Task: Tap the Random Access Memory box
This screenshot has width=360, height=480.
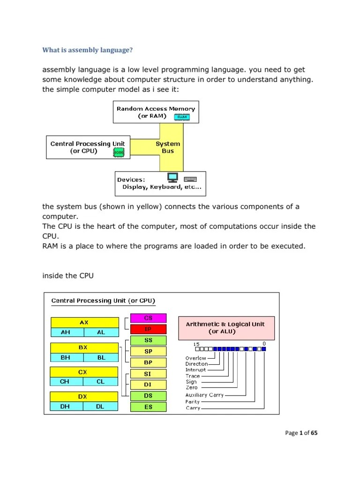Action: coord(156,112)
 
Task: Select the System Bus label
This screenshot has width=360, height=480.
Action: coord(168,147)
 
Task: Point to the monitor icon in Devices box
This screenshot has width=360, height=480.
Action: coord(173,178)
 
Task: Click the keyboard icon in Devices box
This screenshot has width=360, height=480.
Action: coord(190,179)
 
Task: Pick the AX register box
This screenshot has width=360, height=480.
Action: coord(84,322)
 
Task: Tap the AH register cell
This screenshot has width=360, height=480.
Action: coord(67,332)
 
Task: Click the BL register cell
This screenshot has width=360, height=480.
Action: coord(101,357)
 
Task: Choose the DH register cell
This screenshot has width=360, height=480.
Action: coord(67,407)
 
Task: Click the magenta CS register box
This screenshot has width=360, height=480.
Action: coord(148,318)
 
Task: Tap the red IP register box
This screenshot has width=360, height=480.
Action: coord(148,329)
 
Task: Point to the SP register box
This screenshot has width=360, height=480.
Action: coord(148,351)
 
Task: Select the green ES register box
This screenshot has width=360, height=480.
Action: coord(148,407)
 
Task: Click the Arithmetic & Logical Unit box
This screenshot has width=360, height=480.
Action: coord(225,328)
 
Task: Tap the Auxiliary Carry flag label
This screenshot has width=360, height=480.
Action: coord(205,395)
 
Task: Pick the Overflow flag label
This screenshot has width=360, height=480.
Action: coord(195,358)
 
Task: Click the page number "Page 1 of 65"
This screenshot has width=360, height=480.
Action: coord(301,433)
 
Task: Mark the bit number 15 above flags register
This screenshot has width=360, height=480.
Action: coord(196,344)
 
